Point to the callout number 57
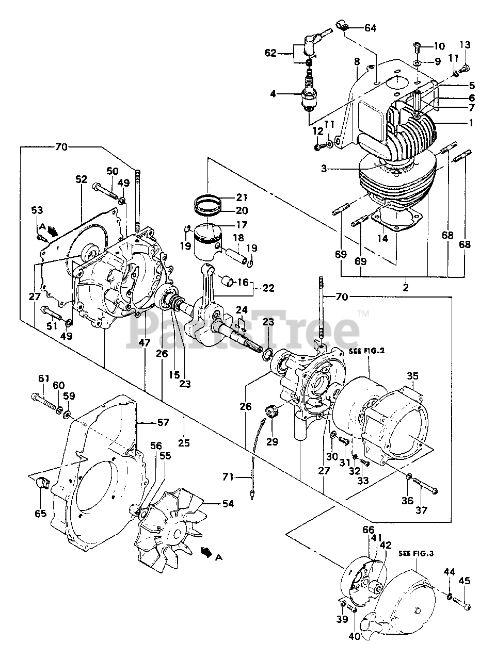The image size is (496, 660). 163,423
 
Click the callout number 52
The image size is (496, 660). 82,180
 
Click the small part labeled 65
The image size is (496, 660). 43,483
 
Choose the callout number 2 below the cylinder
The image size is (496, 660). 406,288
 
